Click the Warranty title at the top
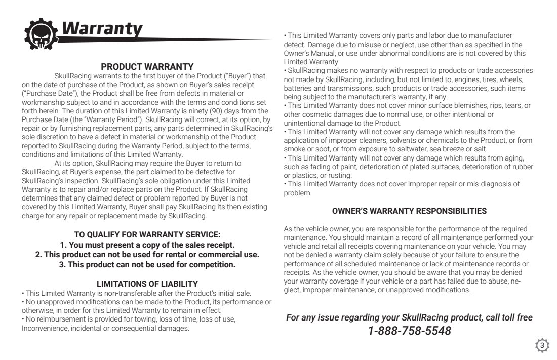(x=101, y=29)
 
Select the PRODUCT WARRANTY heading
(x=147, y=66)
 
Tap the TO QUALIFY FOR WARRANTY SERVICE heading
(x=147, y=234)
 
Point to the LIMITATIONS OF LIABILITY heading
(x=147, y=284)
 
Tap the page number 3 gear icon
(x=542, y=346)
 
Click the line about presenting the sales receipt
(x=147, y=245)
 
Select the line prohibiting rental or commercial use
(x=147, y=254)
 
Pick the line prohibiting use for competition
(x=147, y=264)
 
